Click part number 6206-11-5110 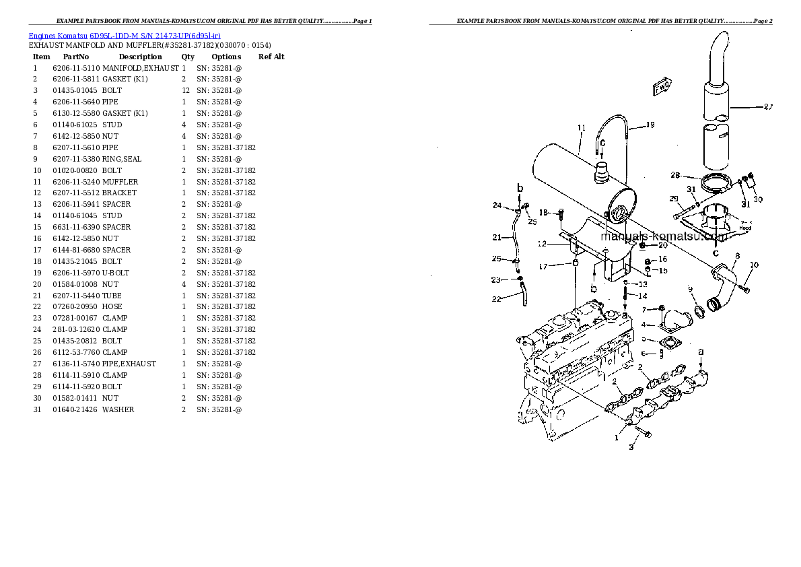tap(76, 68)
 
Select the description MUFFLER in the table tap(120, 182)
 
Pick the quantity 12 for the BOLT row tap(185, 90)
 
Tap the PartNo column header tap(76, 57)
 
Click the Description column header tap(140, 57)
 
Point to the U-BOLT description tap(116, 273)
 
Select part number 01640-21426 tap(76, 409)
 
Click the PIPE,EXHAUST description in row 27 tap(129, 364)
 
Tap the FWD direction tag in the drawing tap(660, 87)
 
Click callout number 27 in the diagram tap(769, 106)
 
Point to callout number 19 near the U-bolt tap(650, 125)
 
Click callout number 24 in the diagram tap(497, 205)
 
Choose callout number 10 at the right tap(754, 265)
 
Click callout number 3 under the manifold tap(631, 447)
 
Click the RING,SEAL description tap(122, 159)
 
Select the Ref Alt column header tap(271, 57)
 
